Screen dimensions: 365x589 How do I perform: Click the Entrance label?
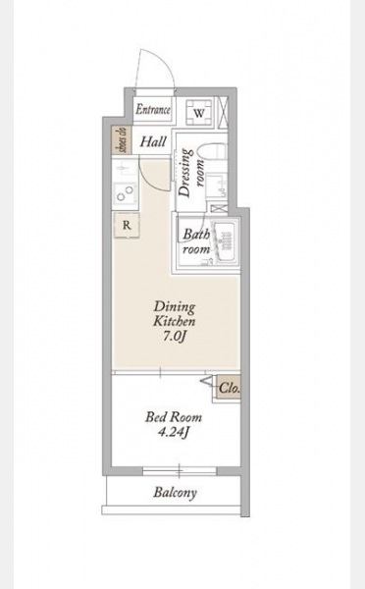point(153,109)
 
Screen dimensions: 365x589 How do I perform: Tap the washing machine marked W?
point(199,112)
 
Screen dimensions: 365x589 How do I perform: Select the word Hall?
point(153,142)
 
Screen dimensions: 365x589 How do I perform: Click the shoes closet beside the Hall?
point(123,140)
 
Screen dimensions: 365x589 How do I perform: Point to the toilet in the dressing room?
point(213,153)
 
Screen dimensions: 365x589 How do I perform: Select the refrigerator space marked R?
point(127,226)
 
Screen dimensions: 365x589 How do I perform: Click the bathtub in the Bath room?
point(225,241)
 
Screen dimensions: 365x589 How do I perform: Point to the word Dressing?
point(185,173)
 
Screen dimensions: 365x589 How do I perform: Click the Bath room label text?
point(196,241)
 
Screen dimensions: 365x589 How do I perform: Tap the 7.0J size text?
point(175,337)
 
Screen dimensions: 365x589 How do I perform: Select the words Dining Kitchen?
point(175,314)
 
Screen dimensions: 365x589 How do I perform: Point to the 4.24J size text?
point(174,432)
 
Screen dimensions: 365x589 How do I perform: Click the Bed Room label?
point(174,417)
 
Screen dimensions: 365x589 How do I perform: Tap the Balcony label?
point(175,492)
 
